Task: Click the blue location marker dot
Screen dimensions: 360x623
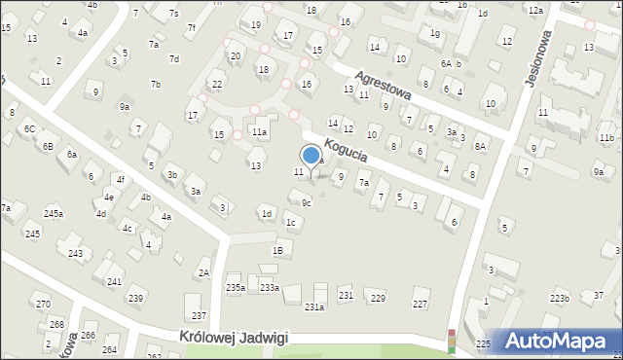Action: tap(311, 154)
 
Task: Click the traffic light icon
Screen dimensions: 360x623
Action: tap(452, 341)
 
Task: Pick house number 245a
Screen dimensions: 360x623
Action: tap(53, 213)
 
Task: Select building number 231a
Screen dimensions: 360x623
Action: tap(314, 306)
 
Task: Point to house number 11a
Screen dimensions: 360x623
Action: tap(259, 130)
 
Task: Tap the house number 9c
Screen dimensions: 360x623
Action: tap(306, 202)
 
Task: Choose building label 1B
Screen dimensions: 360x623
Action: tap(277, 250)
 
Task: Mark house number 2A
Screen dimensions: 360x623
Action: tap(203, 272)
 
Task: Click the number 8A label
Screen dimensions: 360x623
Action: tap(480, 146)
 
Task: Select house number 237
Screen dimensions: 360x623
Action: tap(199, 315)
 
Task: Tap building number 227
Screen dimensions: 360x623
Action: tap(420, 304)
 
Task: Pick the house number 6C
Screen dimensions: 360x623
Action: tap(29, 128)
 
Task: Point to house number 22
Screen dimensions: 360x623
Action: tap(216, 84)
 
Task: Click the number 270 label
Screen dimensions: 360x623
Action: tap(43, 305)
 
